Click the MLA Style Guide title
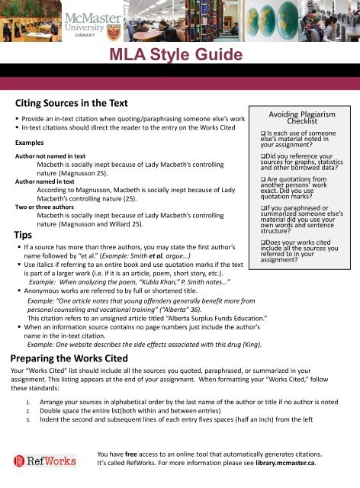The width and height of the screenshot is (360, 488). click(x=179, y=56)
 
